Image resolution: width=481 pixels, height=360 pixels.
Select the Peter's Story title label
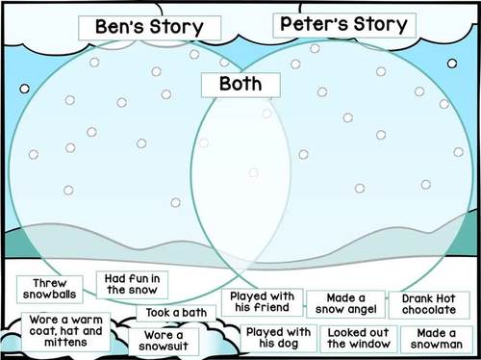342,24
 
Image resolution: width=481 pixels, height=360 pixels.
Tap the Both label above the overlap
240,84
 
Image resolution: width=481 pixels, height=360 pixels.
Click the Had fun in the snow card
131,284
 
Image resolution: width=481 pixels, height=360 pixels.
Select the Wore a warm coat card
66,328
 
